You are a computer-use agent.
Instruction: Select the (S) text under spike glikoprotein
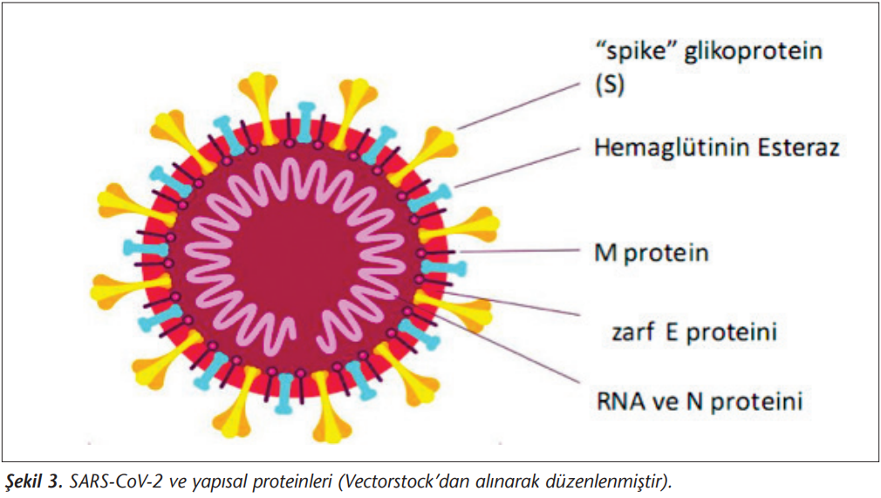[610, 85]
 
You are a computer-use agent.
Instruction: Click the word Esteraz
[798, 147]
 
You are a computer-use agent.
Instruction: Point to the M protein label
[652, 253]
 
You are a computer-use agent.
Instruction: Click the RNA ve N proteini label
[700, 401]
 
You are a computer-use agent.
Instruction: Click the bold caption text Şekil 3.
[32, 481]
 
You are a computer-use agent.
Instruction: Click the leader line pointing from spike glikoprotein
[519, 106]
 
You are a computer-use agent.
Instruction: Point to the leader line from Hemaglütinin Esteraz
[516, 167]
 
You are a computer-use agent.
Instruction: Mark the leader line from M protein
[519, 250]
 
